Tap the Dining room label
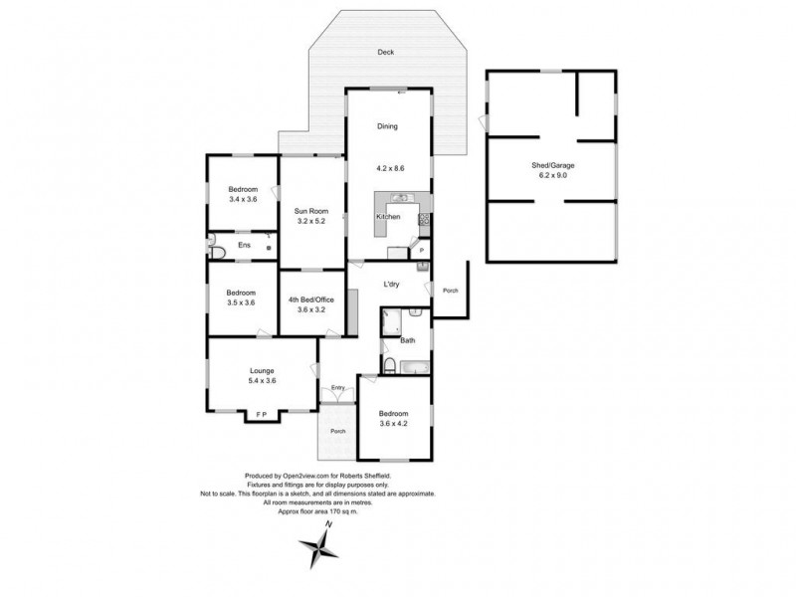click(x=387, y=126)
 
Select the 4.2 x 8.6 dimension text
click(x=387, y=167)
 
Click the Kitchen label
click(x=387, y=216)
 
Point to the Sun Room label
click(x=310, y=211)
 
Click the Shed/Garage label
click(x=551, y=165)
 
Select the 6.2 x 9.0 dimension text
click(x=551, y=176)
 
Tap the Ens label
click(x=243, y=245)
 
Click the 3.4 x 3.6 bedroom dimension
click(x=243, y=199)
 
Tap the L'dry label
click(x=392, y=285)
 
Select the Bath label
click(x=407, y=341)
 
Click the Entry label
click(x=339, y=387)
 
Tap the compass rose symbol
click(x=319, y=546)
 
